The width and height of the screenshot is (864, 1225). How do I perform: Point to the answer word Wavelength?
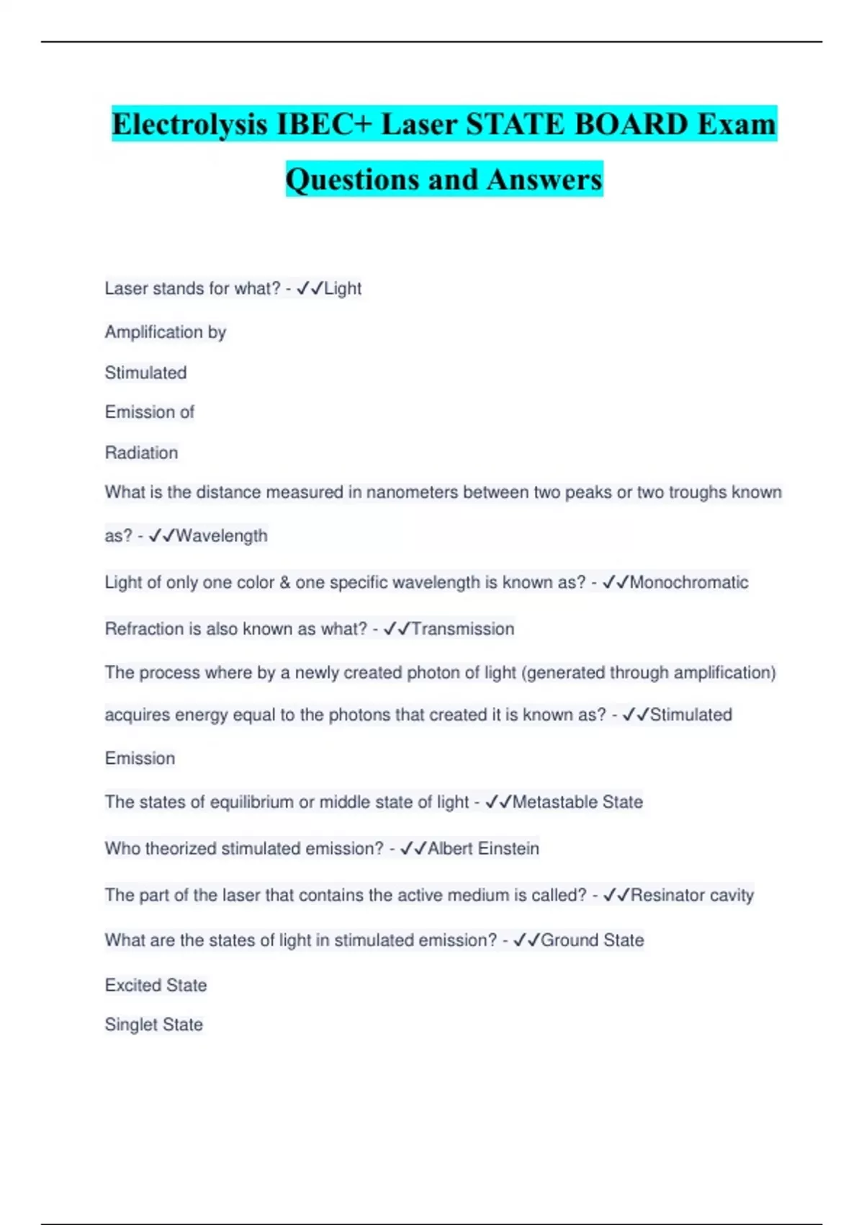tap(222, 536)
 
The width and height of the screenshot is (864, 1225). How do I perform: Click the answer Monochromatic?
tap(689, 582)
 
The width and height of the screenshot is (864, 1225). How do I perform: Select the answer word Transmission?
tap(462, 629)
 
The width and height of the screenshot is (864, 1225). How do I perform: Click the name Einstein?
tap(508, 849)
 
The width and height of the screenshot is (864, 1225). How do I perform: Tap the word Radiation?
tap(141, 453)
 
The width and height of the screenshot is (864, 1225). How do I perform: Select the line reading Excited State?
tap(156, 985)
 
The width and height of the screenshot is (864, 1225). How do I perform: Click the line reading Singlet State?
tap(153, 1025)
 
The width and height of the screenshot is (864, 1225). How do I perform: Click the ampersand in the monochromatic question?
tap(284, 582)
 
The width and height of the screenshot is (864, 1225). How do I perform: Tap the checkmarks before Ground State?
tap(526, 940)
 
